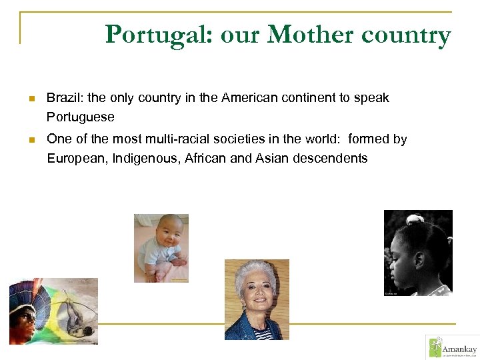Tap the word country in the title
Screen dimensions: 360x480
(x=406, y=35)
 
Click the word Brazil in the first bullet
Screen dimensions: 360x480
(x=61, y=98)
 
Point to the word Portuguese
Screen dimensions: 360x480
(x=81, y=117)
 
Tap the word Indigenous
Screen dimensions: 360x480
(x=145, y=159)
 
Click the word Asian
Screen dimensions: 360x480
(x=271, y=159)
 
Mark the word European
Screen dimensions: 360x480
(x=75, y=159)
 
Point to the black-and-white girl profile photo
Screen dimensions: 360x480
(x=418, y=253)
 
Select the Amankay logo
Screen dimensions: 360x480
(x=452, y=347)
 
